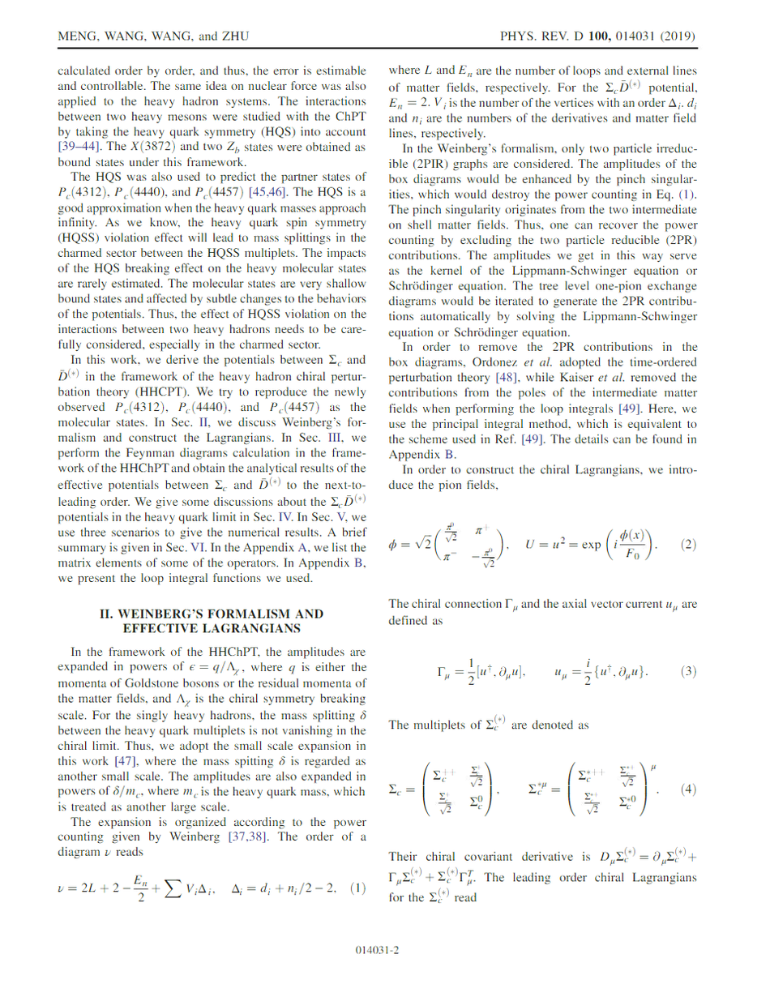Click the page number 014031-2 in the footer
(x=385, y=948)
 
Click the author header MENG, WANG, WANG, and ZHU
(x=153, y=37)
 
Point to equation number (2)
(x=688, y=544)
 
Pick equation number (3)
(x=688, y=671)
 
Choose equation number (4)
(x=688, y=789)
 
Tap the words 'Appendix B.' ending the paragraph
(x=422, y=454)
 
